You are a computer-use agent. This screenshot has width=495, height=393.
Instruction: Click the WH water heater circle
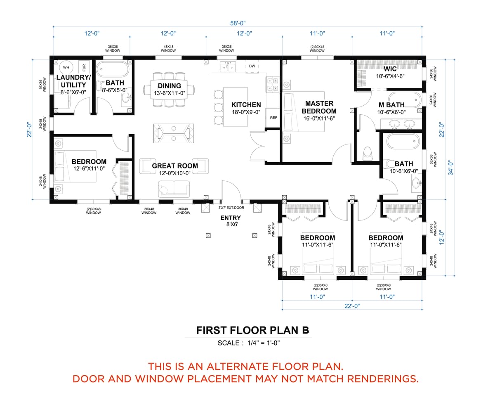[x=66, y=67]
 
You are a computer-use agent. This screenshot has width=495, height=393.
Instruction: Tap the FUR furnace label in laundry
[x=84, y=67]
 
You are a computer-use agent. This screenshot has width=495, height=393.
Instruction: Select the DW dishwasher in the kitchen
[x=251, y=66]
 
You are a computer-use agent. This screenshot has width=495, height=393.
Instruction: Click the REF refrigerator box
[x=273, y=118]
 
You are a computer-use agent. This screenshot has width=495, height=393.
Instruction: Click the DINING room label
[x=169, y=86]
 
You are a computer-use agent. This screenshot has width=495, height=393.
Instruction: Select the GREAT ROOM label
[x=175, y=166]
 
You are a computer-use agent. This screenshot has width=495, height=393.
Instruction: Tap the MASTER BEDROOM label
[x=318, y=107]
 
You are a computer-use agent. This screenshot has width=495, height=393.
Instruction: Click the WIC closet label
[x=390, y=69]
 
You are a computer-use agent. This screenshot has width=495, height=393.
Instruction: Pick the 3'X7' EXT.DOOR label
[x=231, y=208]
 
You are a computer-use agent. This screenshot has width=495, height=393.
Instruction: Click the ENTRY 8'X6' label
[x=231, y=220]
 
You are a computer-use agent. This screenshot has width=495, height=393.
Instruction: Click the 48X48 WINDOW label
[x=168, y=49]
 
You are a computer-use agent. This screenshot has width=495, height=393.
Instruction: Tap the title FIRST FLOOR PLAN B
[x=252, y=330]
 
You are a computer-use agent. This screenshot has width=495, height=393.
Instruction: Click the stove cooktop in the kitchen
[x=273, y=84]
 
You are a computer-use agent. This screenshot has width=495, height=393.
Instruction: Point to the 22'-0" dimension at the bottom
[x=351, y=306]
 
